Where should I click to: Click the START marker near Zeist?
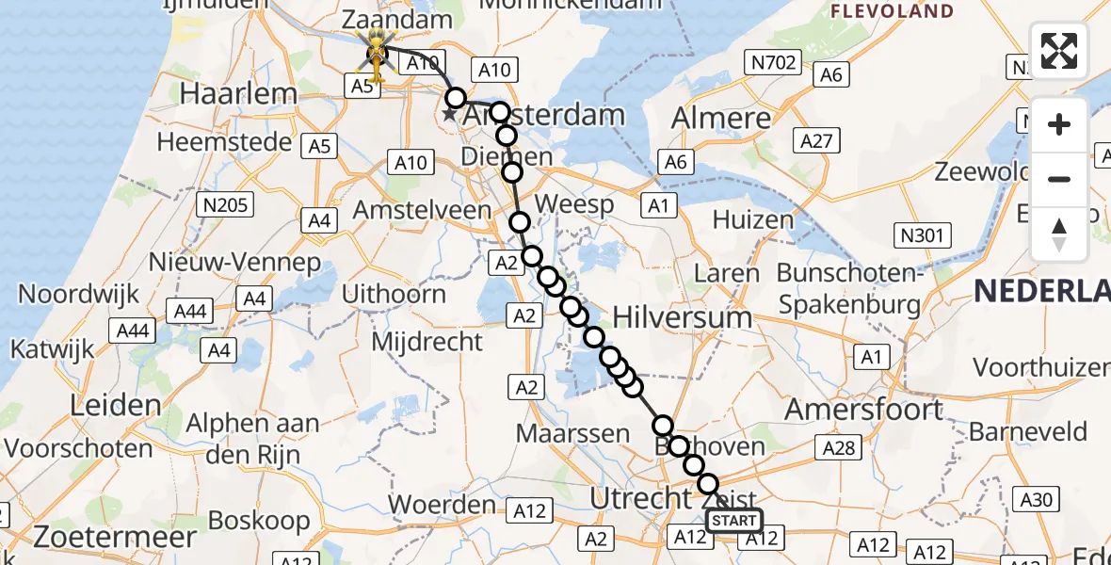pyautogui.click(x=733, y=520)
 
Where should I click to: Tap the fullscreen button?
pyautogui.click(x=1059, y=51)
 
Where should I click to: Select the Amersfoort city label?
pyautogui.click(x=863, y=409)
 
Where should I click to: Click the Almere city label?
pyautogui.click(x=720, y=118)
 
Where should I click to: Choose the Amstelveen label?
pyautogui.click(x=422, y=209)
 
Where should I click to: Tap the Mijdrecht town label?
pyautogui.click(x=427, y=341)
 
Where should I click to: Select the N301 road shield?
pyautogui.click(x=922, y=236)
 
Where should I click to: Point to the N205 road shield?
pyautogui.click(x=222, y=203)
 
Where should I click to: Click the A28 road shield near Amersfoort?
pyautogui.click(x=838, y=447)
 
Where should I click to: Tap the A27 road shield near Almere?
pyautogui.click(x=815, y=140)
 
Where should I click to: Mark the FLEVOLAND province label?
pyautogui.click(x=892, y=11)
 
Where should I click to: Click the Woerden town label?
pyautogui.click(x=443, y=505)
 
